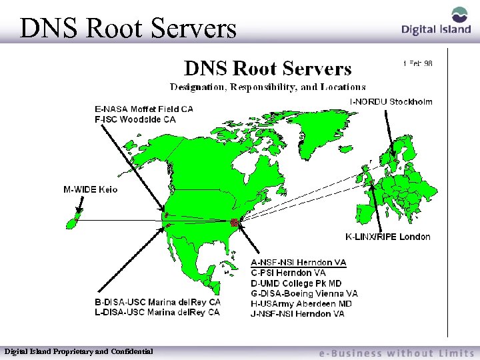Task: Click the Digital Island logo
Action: (x=436, y=21)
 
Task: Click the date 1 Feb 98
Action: (x=417, y=63)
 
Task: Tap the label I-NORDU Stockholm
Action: (x=391, y=102)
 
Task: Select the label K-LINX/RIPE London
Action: (x=387, y=237)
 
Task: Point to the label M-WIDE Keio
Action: (x=90, y=189)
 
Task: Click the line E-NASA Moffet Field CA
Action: (x=144, y=109)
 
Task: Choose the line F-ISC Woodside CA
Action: (x=135, y=119)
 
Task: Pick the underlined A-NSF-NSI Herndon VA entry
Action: (x=298, y=263)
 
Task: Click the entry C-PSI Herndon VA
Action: (x=288, y=273)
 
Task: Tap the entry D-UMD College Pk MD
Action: (x=296, y=283)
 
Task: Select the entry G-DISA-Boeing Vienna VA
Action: (x=304, y=293)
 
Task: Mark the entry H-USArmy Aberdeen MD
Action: (x=301, y=303)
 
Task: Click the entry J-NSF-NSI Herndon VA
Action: (x=297, y=313)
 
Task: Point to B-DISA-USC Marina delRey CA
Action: (x=157, y=301)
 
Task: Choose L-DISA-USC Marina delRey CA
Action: (x=157, y=311)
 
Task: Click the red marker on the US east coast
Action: (x=235, y=222)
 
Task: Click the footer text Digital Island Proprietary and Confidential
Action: (x=79, y=351)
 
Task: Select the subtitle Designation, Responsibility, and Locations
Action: (x=267, y=87)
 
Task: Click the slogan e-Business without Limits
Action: (x=396, y=353)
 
